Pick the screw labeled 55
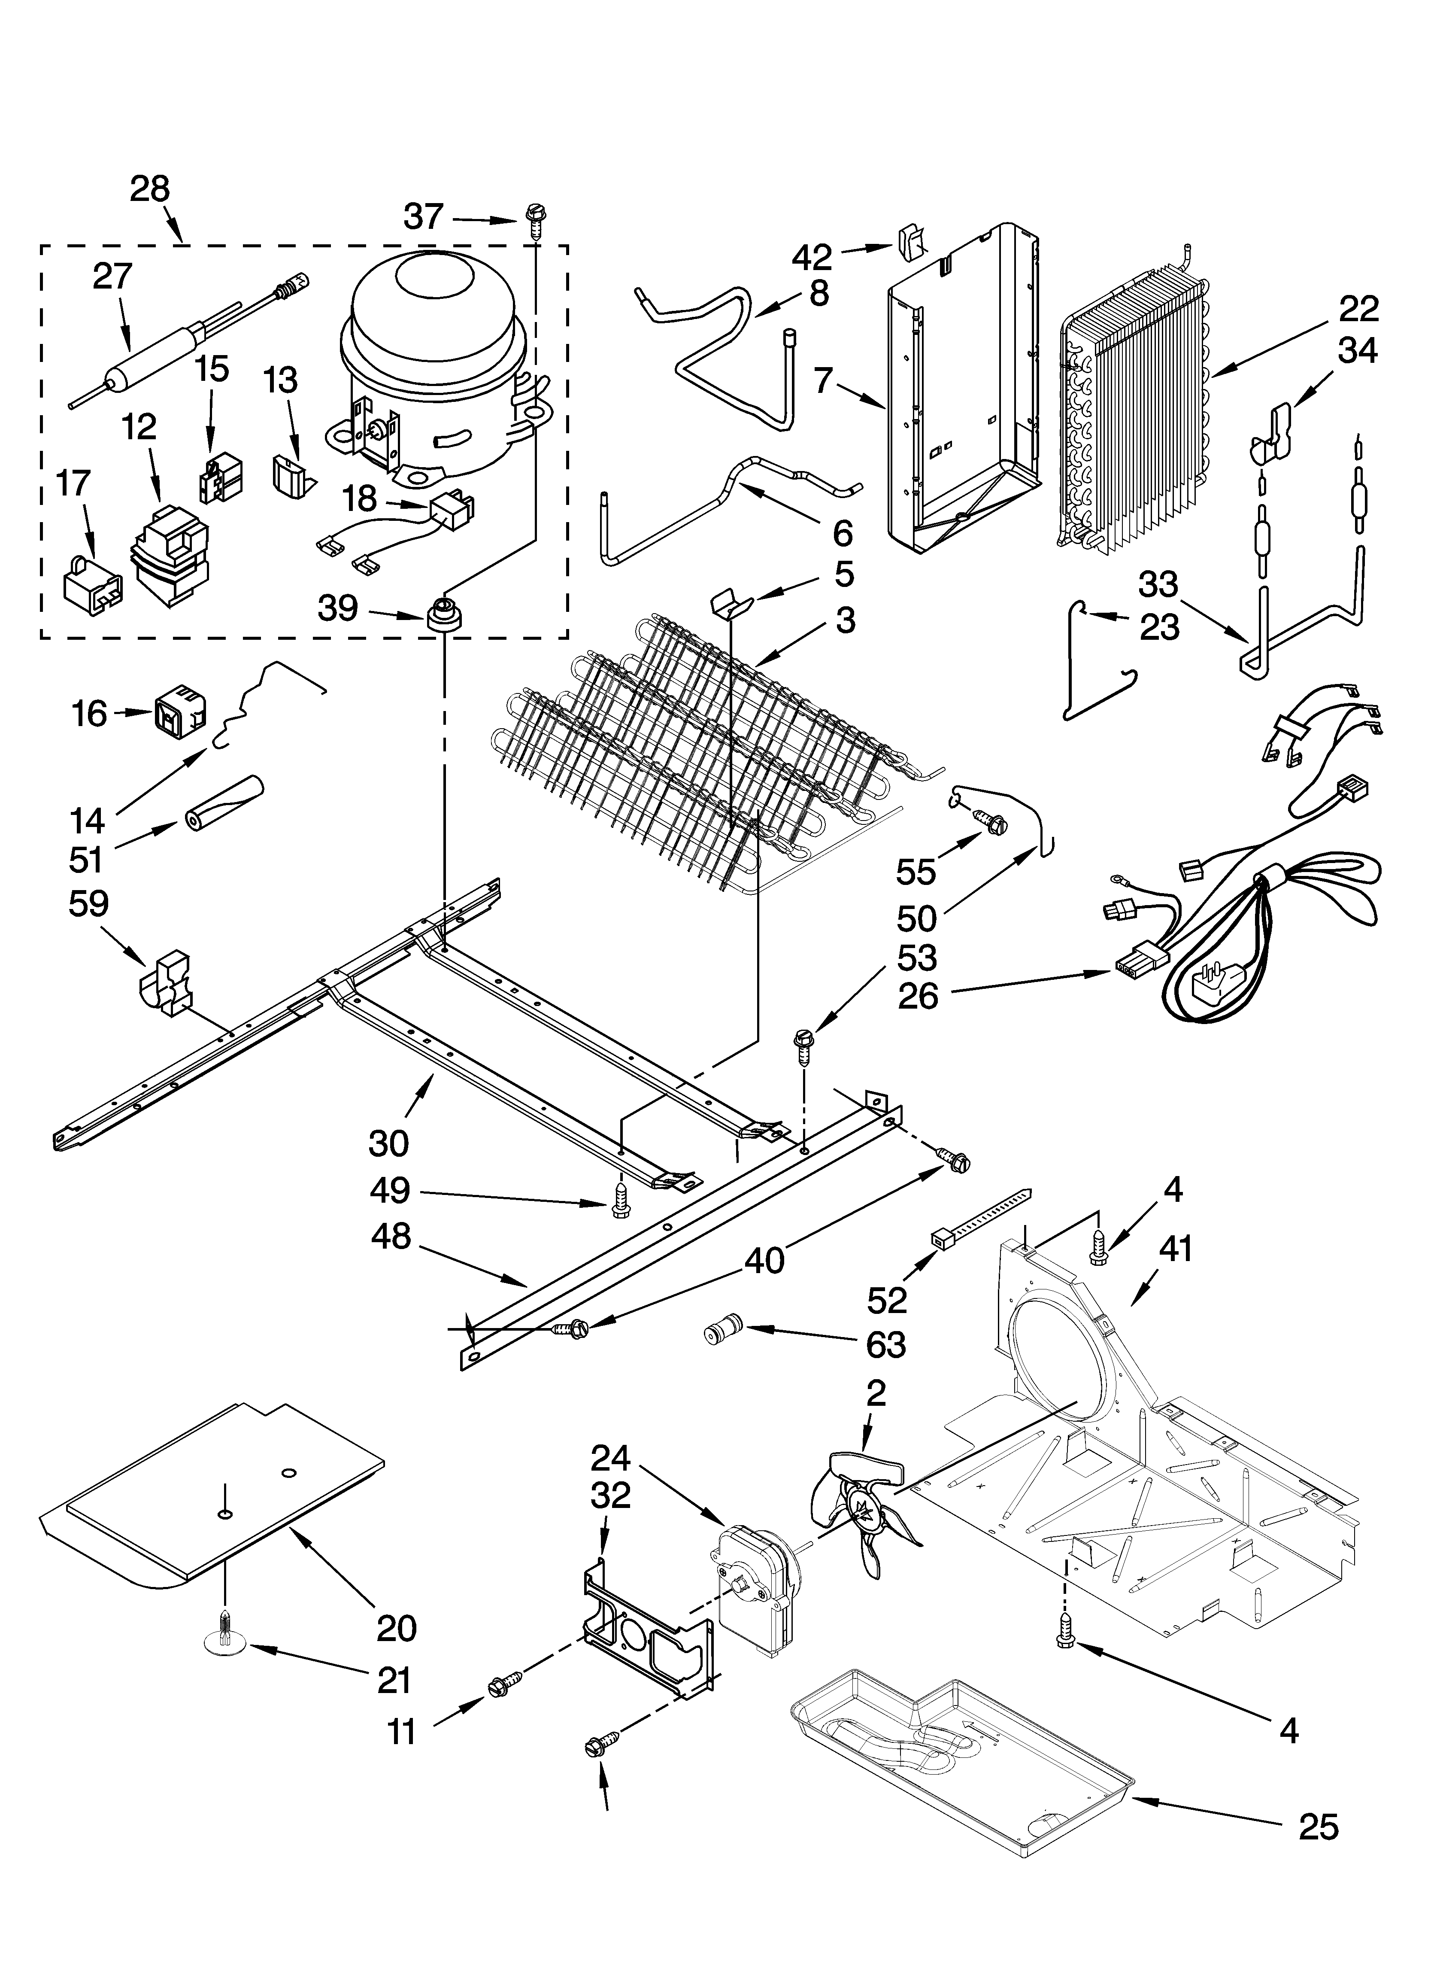(x=992, y=821)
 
